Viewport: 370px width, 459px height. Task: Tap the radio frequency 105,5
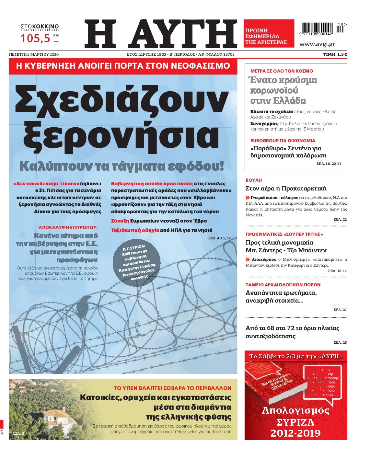pos(36,38)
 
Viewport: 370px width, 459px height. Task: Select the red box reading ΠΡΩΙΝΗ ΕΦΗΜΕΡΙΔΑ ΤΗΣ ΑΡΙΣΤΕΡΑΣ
pos(269,34)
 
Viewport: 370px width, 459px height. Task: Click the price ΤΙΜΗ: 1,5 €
pos(335,54)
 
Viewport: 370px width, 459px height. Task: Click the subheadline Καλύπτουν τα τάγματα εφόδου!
pos(122,166)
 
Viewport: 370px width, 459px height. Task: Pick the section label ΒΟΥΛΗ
pos(253,180)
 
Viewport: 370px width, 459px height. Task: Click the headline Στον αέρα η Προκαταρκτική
pos(286,189)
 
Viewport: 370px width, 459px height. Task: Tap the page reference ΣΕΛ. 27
pos(340,310)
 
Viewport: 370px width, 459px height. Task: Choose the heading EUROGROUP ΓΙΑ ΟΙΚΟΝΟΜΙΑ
pos(283,141)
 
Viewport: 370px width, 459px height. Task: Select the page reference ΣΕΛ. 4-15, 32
pos(219,238)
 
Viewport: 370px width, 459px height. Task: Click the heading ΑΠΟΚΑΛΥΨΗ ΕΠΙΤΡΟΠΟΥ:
pos(68,227)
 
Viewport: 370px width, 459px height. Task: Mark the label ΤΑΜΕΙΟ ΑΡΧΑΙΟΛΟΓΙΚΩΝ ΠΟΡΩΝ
pos(283,285)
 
